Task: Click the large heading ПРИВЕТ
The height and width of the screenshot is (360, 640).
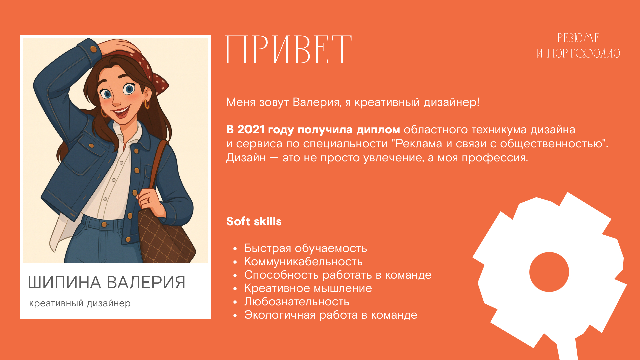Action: click(288, 50)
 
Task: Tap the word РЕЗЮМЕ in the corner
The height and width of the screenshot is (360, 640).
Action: click(578, 38)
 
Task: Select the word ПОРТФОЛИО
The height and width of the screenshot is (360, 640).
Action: click(583, 53)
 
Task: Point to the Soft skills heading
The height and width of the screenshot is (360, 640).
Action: click(254, 221)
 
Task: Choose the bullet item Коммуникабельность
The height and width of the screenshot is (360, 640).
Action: click(303, 262)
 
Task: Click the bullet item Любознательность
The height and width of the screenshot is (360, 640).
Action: click(297, 302)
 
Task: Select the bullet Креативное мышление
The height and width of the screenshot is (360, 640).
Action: click(308, 288)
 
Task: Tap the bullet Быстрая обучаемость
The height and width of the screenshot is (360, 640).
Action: click(305, 248)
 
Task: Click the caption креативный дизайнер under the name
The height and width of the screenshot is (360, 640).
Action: click(80, 303)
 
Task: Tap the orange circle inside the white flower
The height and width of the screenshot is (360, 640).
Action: click(549, 272)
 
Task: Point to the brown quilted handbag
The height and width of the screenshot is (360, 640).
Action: click(163, 237)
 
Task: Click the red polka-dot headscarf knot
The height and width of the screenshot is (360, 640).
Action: click(160, 83)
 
